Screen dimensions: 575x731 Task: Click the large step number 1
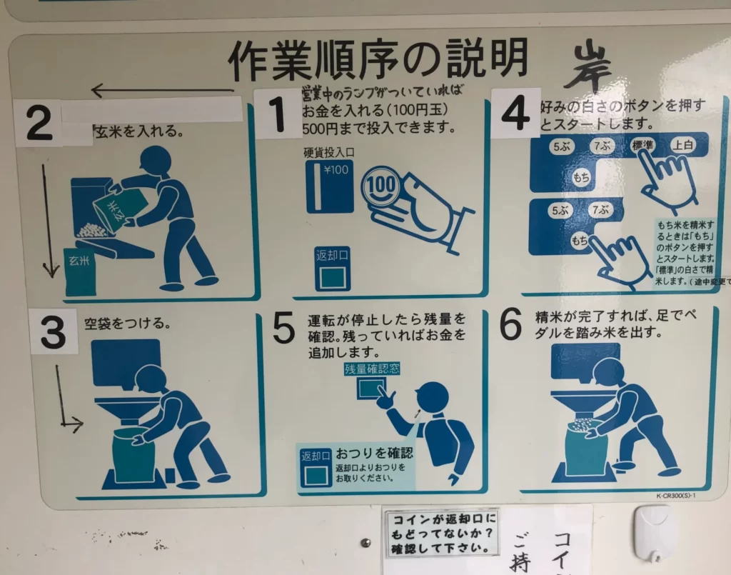(276, 114)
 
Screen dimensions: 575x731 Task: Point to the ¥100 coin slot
(329, 186)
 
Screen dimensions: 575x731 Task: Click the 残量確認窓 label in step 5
(372, 369)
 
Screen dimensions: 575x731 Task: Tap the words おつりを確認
(374, 454)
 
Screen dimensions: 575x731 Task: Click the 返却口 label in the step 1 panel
(332, 255)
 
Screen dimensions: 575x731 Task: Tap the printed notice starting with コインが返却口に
(441, 533)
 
